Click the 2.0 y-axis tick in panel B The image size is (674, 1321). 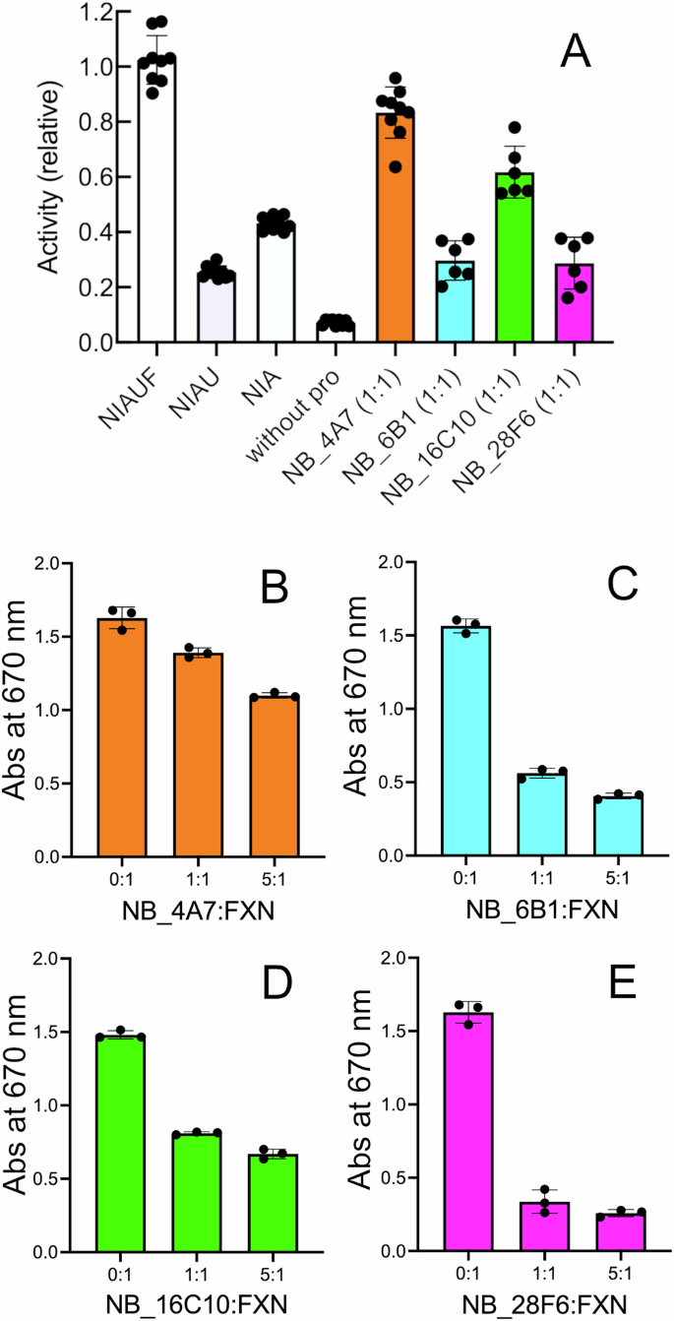[72, 564]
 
